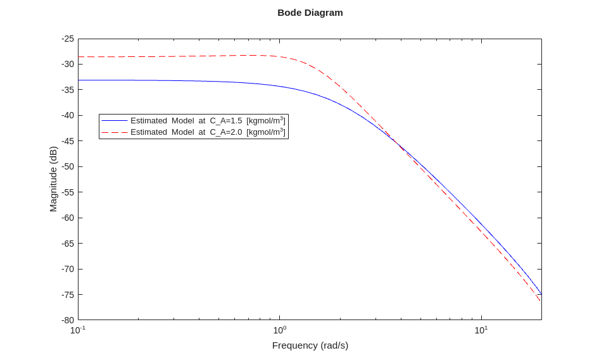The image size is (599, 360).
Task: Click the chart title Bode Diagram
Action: [310, 13]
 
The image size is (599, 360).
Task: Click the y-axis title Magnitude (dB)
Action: [53, 179]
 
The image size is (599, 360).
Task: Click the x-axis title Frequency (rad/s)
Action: [310, 345]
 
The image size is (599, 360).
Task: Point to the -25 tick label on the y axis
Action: [68, 39]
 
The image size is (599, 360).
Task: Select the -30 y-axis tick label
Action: [68, 65]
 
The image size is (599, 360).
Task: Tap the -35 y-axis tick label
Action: [68, 90]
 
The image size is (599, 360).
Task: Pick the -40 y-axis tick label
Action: [68, 116]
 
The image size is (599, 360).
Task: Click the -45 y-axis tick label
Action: [68, 141]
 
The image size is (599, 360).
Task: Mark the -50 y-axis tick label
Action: [68, 167]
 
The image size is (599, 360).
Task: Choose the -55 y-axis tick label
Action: [68, 192]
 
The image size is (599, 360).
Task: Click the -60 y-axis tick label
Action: [68, 218]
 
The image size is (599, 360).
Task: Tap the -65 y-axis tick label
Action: [68, 244]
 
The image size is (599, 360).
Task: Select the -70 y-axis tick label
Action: [68, 270]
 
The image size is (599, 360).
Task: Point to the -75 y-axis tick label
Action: [68, 295]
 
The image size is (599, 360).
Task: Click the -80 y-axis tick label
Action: [68, 320]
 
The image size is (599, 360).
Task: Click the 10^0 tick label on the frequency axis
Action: [279, 330]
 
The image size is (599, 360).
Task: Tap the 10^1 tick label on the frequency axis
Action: [481, 330]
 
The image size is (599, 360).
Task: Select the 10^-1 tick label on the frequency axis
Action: [77, 330]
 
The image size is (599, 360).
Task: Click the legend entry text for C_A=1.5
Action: [208, 121]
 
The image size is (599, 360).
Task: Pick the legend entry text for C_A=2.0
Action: [208, 132]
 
